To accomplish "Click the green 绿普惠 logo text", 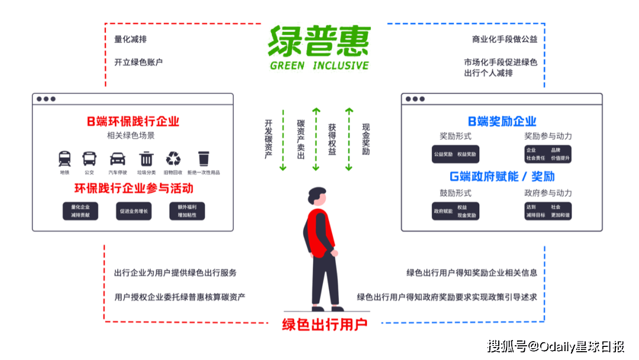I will tap(319, 40).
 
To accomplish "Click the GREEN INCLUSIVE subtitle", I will tap(319, 66).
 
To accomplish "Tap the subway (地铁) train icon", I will tap(64, 159).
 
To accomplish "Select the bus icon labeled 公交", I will tap(89, 159).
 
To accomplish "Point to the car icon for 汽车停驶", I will tap(117, 159).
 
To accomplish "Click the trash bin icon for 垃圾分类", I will tap(146, 159).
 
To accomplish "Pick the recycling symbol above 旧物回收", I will tap(173, 158).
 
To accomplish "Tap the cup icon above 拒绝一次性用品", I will tap(204, 159).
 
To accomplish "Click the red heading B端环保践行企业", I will tap(133, 122).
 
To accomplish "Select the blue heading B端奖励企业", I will tap(502, 121).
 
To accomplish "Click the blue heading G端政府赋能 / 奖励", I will tap(502, 176).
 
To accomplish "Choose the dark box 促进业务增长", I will tap(133, 211).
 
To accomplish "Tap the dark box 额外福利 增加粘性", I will tap(187, 211).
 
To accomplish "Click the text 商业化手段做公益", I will tap(504, 40).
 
